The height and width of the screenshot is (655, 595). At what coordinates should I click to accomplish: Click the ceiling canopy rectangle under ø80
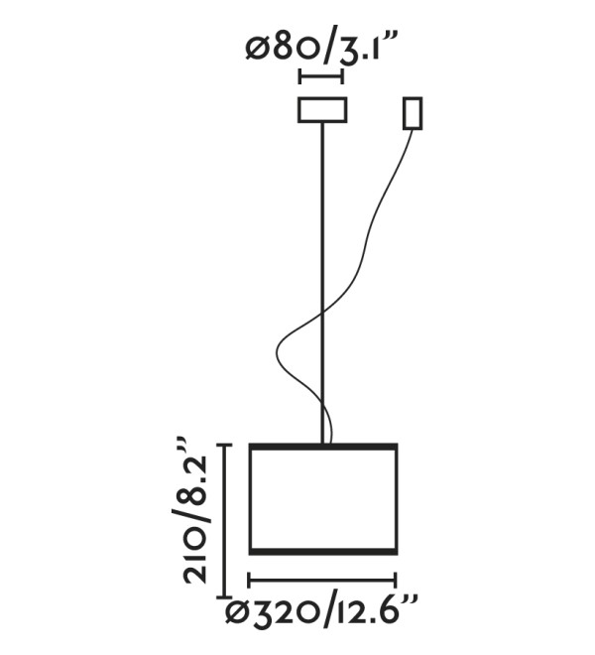(322, 110)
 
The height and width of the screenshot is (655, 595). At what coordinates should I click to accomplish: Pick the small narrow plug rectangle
(413, 113)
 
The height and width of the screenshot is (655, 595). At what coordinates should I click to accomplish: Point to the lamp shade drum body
(322, 499)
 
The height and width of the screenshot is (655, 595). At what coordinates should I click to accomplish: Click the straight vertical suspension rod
(322, 283)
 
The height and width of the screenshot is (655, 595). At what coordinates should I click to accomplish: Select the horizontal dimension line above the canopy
(321, 77)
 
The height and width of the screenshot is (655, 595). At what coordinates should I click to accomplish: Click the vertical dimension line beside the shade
(226, 521)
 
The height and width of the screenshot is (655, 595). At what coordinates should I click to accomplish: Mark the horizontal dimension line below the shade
(322, 581)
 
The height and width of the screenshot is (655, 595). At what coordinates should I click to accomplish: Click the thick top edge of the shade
(322, 447)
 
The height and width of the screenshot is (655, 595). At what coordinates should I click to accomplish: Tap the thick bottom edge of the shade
(322, 552)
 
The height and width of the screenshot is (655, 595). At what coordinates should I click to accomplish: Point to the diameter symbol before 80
(257, 51)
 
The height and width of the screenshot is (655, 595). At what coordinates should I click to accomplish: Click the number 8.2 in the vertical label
(194, 478)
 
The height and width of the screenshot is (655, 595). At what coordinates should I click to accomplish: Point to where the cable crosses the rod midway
(322, 311)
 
